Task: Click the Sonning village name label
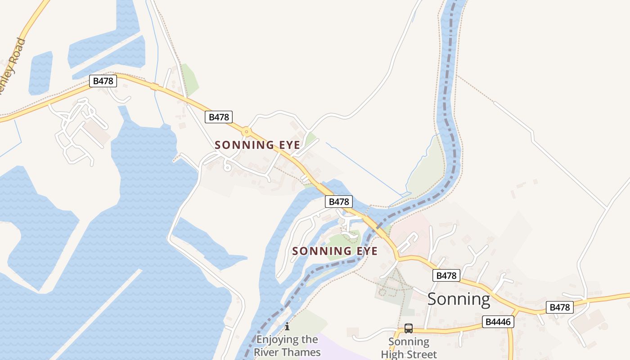459,299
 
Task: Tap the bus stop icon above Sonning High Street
408,328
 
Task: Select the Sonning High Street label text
409,348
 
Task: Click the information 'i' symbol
287,326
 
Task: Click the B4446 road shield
498,322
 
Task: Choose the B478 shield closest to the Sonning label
446,275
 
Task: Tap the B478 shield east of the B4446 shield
560,307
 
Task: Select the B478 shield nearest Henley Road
103,81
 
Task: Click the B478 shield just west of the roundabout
219,117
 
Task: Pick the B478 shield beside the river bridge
338,202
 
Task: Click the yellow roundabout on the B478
246,132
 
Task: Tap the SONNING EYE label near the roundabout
257,145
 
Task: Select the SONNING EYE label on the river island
335,251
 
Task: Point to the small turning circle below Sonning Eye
227,168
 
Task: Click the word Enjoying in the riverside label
287,340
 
